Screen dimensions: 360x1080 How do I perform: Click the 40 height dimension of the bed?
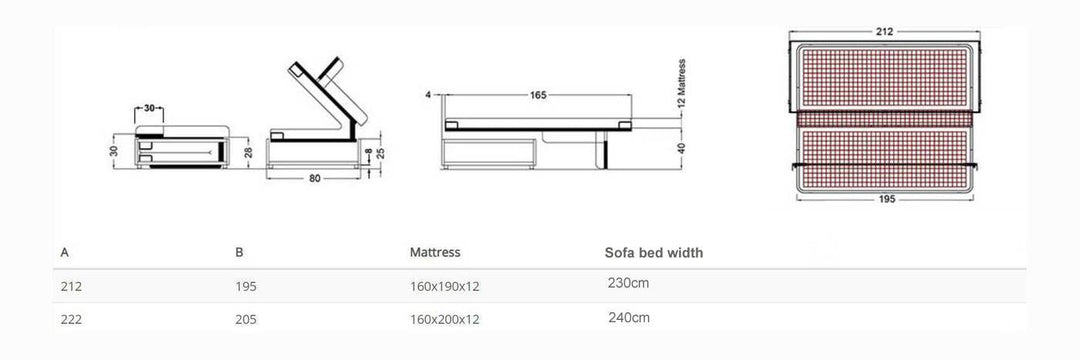click(x=682, y=146)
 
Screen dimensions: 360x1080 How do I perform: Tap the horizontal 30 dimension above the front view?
click(x=148, y=107)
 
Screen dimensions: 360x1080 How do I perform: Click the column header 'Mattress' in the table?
click(x=435, y=254)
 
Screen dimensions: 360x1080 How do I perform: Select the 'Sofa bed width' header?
click(x=653, y=253)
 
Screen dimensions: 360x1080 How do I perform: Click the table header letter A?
click(x=65, y=254)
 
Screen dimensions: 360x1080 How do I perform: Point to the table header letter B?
click(x=239, y=254)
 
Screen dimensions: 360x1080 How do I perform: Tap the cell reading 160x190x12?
click(x=445, y=286)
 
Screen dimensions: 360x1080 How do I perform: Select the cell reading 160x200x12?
click(x=445, y=320)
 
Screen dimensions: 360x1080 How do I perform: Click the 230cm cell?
click(x=628, y=284)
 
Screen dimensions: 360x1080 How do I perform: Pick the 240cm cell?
click(x=628, y=318)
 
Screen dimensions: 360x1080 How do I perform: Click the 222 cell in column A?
click(x=71, y=320)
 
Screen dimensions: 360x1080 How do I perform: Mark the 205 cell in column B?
click(x=246, y=320)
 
